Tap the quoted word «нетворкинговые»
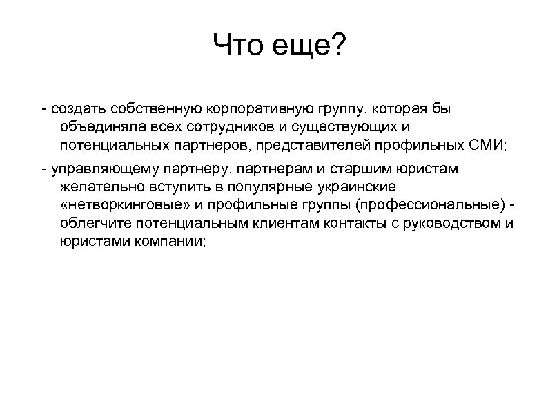122,207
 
